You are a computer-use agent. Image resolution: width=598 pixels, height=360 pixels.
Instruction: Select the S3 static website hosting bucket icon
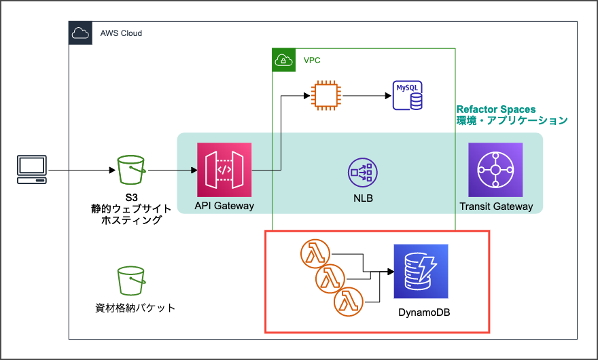[x=130, y=170]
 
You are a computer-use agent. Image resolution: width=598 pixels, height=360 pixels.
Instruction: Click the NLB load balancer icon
[x=359, y=173]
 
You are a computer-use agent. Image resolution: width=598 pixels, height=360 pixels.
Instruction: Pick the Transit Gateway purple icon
[x=495, y=170]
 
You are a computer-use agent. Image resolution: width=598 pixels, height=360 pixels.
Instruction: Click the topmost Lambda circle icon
[x=315, y=255]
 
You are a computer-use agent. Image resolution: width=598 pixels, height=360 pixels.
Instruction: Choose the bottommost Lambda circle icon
[x=349, y=300]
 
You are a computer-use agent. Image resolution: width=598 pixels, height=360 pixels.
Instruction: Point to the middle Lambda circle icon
[x=332, y=278]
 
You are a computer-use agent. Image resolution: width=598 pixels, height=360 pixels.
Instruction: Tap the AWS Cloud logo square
[x=80, y=33]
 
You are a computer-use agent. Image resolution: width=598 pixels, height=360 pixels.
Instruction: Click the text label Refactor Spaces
[x=496, y=109]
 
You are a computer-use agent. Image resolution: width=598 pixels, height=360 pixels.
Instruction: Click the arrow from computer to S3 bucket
[x=80, y=170]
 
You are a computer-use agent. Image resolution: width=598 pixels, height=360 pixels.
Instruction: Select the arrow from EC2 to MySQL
[x=365, y=94]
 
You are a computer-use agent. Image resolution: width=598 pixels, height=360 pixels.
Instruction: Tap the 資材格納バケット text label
[x=135, y=308]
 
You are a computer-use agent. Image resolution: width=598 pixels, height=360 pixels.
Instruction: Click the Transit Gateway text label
[x=496, y=206]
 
